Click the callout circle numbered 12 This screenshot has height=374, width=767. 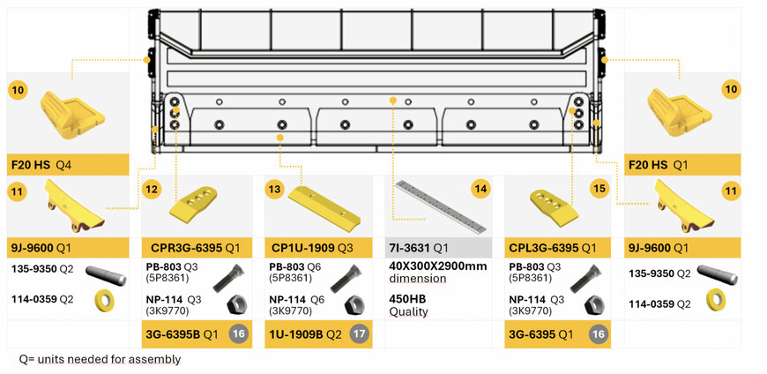coord(152,188)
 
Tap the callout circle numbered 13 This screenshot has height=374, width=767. coord(275,188)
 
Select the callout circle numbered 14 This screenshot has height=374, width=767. coord(480,188)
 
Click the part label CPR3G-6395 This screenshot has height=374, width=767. coord(184,248)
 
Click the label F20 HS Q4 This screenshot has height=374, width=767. coord(41,165)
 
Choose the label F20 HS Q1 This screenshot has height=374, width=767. coord(659,165)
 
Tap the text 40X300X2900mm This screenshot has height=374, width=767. coord(437,266)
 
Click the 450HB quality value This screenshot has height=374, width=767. coord(406,298)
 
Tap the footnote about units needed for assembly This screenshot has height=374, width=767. coord(100,359)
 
